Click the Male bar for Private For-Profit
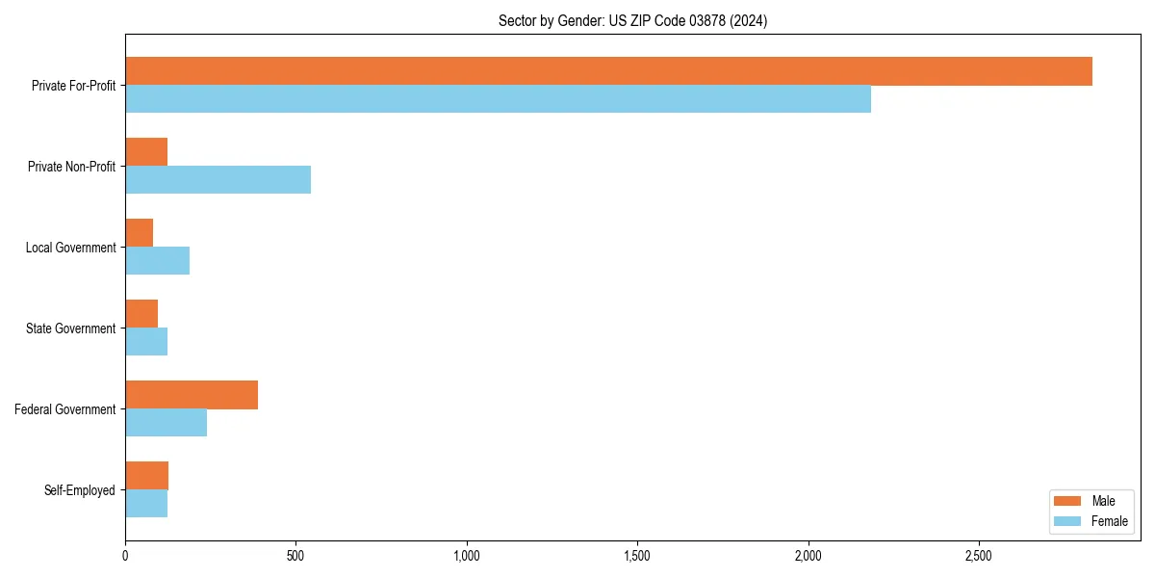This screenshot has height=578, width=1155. click(x=608, y=71)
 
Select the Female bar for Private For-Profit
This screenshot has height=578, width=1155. click(x=498, y=99)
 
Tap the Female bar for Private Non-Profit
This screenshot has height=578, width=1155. click(x=218, y=180)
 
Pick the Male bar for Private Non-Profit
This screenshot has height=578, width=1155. click(x=146, y=152)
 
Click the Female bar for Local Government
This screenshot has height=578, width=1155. click(x=157, y=261)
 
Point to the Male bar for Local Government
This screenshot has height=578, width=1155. click(x=139, y=233)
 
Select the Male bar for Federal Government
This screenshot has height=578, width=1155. click(x=192, y=395)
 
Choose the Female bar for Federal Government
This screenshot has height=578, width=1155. click(x=166, y=423)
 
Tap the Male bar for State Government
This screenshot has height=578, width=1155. click(x=141, y=314)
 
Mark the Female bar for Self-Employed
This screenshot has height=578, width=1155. click(x=146, y=504)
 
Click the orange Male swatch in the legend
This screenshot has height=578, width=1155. click(x=1067, y=501)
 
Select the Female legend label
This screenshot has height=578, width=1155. click(x=1110, y=521)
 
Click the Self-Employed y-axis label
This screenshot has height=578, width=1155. click(x=80, y=490)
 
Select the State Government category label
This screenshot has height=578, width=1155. click(x=71, y=328)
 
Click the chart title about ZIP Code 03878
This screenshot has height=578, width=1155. click(x=632, y=20)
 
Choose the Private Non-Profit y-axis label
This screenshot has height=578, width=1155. click(x=71, y=167)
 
